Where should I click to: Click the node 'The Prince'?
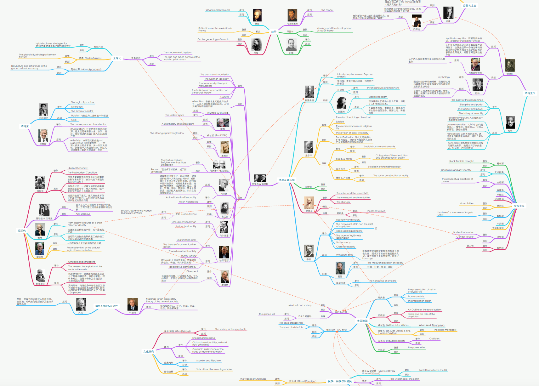(x=327, y=10)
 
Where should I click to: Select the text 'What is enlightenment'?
(x=218, y=10)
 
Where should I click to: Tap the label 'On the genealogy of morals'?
(x=213, y=39)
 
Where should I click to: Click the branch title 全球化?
(x=117, y=58)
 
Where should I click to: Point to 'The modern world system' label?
(x=177, y=53)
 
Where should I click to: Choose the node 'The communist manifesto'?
(x=214, y=75)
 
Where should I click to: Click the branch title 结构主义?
(x=530, y=93)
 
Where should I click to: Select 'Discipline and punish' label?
(x=471, y=105)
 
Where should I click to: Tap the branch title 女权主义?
(x=519, y=206)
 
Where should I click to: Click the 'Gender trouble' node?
(x=465, y=237)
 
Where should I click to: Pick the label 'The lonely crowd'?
(x=376, y=211)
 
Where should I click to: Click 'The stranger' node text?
(x=343, y=202)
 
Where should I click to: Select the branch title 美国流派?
(x=362, y=321)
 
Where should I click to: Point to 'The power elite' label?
(x=416, y=348)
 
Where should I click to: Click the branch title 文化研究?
(x=148, y=352)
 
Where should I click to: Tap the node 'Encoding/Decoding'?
(x=204, y=338)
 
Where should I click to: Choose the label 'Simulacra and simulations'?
(x=82, y=262)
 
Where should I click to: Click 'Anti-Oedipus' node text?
(x=83, y=214)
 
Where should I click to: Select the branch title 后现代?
(x=22, y=231)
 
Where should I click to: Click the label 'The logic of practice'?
(x=82, y=102)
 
